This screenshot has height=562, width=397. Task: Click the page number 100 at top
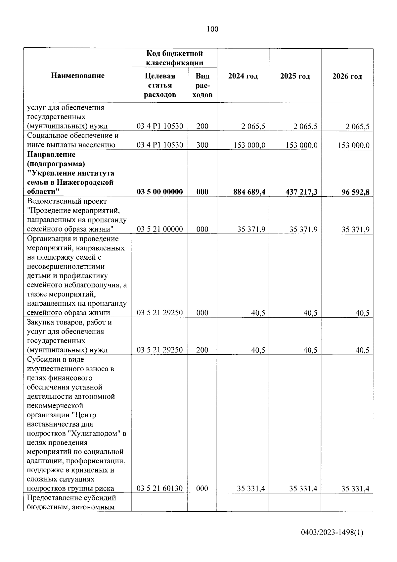[x=212, y=29]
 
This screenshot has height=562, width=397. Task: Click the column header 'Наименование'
[x=78, y=76]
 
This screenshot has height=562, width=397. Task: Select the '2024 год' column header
[x=243, y=76]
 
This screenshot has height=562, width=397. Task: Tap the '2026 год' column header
[x=347, y=77]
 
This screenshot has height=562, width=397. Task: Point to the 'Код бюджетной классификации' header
[x=174, y=58]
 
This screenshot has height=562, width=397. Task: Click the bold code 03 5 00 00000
[x=160, y=192]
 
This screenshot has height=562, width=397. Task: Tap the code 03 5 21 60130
[x=160, y=488]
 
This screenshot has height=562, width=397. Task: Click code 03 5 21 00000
[x=160, y=229]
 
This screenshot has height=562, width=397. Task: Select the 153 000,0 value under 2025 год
[x=301, y=145]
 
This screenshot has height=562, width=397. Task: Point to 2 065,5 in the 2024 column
[x=252, y=126]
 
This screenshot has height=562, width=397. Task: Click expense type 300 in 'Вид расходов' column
[x=202, y=145]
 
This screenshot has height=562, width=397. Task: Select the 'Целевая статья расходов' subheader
[x=160, y=85]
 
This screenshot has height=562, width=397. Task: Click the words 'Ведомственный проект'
[x=67, y=201]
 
